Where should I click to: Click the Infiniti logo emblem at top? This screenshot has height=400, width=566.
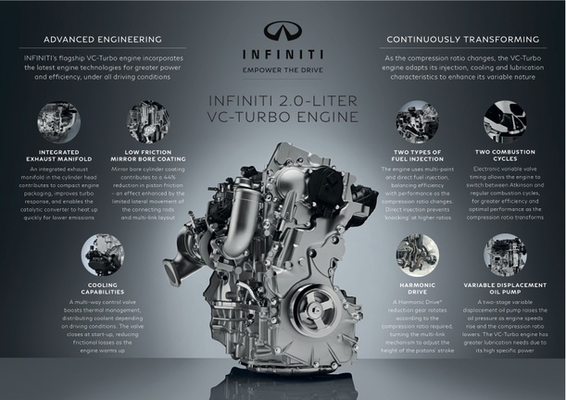[283, 30]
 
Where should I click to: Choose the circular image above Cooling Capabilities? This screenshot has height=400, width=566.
[102, 254]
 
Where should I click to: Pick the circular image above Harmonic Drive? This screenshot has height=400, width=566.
[416, 254]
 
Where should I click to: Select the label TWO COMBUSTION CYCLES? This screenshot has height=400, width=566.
[506, 156]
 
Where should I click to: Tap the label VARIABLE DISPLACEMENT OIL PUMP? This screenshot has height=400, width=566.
[506, 289]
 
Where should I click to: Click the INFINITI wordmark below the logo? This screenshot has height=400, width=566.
[282, 54]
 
